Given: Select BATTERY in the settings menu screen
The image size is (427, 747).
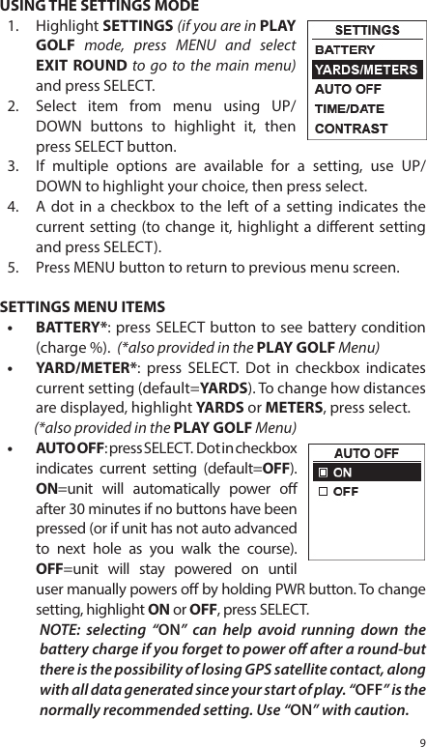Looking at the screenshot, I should tap(346, 49).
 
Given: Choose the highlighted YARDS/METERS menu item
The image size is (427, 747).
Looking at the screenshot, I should tap(364, 69).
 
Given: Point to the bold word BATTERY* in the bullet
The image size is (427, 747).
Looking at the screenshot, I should tap(66, 327).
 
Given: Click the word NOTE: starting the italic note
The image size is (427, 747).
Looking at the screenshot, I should tap(59, 630).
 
